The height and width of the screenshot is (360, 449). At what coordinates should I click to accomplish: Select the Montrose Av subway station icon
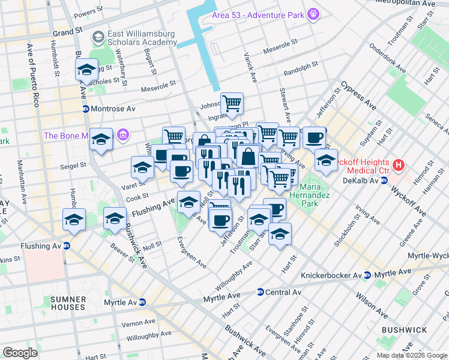click(x=86, y=109)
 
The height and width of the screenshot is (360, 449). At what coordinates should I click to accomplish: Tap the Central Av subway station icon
click(x=260, y=292)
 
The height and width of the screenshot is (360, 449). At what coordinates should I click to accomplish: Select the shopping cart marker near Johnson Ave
click(x=231, y=103)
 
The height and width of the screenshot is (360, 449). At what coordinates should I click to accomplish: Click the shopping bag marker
click(x=248, y=157)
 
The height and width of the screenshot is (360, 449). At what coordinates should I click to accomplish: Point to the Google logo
click(x=20, y=352)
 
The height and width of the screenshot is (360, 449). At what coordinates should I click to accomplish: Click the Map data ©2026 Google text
click(x=411, y=355)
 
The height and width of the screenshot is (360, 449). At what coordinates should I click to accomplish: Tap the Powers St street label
click(x=85, y=11)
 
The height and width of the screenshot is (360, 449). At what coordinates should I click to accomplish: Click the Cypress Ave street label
click(x=358, y=96)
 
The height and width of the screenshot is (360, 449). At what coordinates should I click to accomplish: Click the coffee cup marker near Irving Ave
click(x=313, y=138)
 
